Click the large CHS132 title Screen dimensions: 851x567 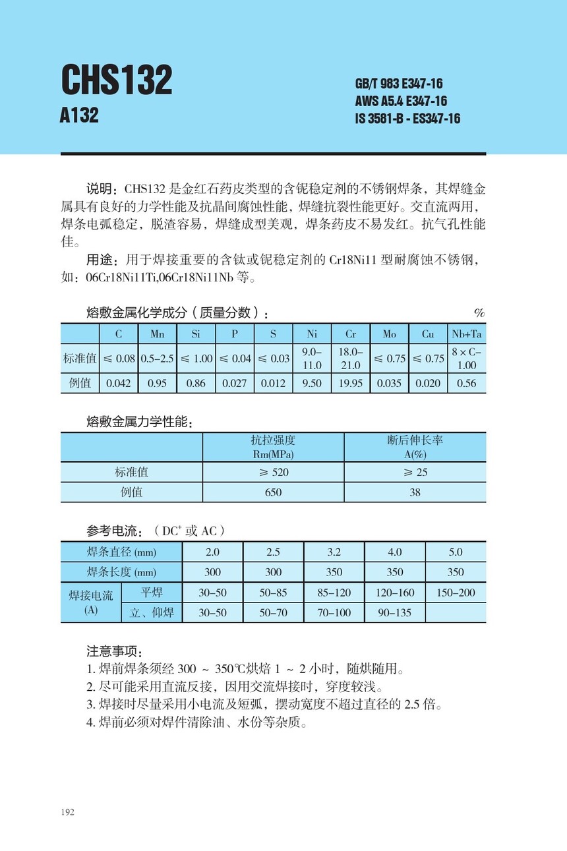coord(117,80)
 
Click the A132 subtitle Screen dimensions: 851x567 coord(79,115)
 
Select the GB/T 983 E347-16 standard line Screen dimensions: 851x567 coord(399,84)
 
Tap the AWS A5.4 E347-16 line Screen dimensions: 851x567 coord(401,101)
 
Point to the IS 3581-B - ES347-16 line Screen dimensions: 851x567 coord(407,119)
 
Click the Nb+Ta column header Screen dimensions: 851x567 coord(466,334)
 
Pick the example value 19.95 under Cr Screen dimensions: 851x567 coord(351,383)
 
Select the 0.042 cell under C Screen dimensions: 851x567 coord(118,383)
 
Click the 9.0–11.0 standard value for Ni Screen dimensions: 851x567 coord(312,359)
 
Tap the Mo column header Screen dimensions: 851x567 coord(390,334)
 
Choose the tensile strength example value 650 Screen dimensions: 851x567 coord(273,492)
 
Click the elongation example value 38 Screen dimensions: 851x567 coord(415,492)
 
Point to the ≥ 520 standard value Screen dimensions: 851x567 coord(273,472)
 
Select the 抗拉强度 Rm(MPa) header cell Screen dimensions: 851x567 coord(273,447)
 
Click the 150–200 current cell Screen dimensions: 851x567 coord(456,593)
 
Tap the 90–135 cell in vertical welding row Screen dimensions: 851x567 coord(394,612)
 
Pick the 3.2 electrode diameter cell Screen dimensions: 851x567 coord(334,552)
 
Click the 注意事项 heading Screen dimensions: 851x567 coord(109,651)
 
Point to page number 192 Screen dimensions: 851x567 coord(67,811)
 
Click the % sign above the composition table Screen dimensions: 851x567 coord(479,312)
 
